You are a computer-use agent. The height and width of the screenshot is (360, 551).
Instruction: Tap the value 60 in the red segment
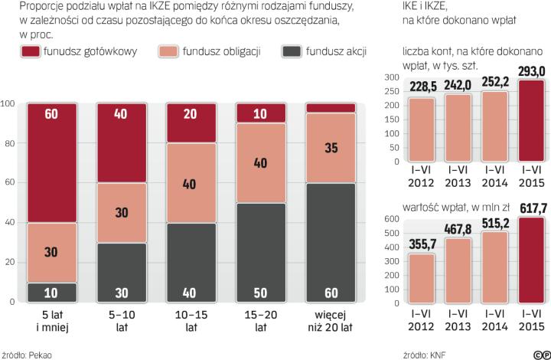click(x=52, y=114)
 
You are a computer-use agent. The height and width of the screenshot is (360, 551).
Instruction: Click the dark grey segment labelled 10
click(x=52, y=293)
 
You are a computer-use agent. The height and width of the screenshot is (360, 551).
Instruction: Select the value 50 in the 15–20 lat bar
click(x=261, y=293)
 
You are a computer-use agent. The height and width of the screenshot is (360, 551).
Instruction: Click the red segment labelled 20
click(x=191, y=114)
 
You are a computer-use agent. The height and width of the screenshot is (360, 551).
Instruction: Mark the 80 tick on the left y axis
click(x=9, y=143)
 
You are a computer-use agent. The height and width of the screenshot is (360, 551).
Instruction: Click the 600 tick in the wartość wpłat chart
click(x=390, y=219)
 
